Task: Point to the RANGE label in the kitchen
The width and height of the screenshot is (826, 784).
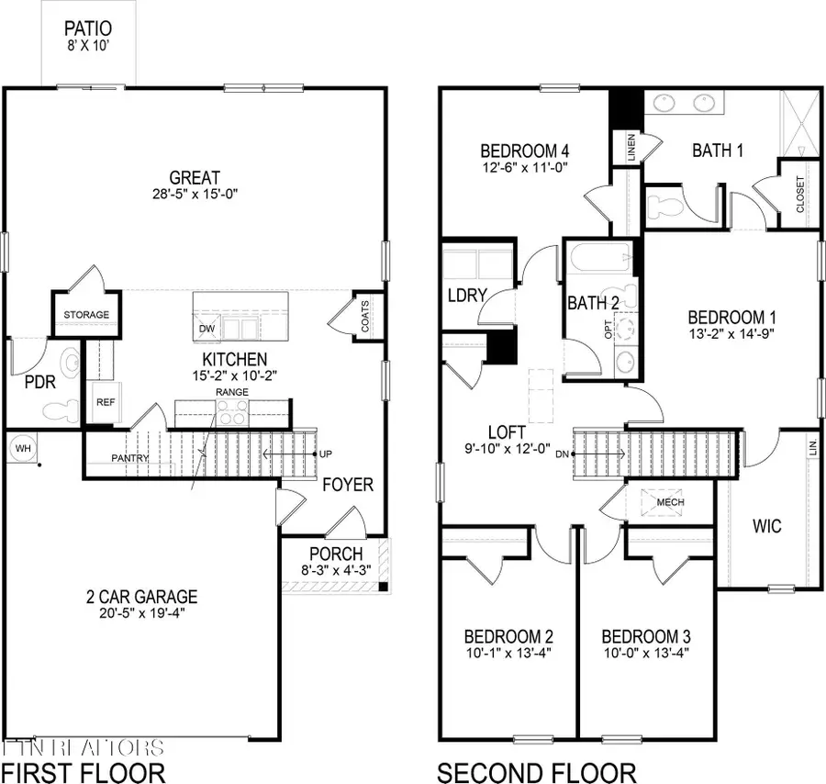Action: pos(232,392)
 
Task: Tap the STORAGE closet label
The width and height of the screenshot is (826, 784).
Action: pos(86,315)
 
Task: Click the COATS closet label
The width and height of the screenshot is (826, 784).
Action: pos(365,319)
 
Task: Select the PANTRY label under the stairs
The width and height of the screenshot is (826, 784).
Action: pos(130,457)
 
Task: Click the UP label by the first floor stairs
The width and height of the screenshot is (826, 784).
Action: pos(325,454)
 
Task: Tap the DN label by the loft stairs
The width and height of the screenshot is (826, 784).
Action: pos(564,453)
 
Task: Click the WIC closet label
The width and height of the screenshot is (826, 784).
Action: pos(766,526)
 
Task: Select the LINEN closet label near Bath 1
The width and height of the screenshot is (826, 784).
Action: pos(632,150)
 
